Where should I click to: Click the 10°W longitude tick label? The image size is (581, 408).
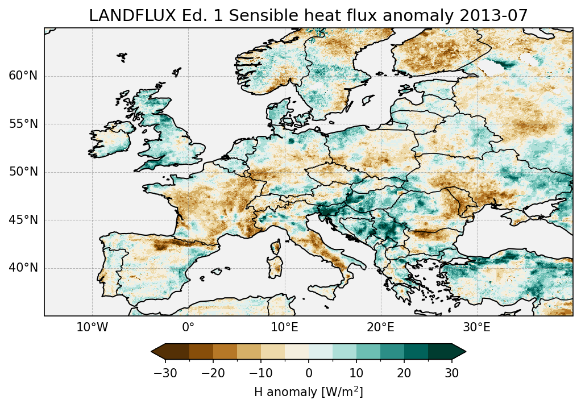click(x=92, y=327)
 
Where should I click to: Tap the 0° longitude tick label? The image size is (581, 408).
click(x=188, y=327)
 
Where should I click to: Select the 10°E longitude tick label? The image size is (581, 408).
click(x=284, y=327)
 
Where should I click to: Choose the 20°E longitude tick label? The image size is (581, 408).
click(x=380, y=327)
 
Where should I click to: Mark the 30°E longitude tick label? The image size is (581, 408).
click(x=476, y=327)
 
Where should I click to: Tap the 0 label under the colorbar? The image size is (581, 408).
click(x=309, y=373)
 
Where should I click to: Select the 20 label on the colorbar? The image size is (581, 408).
click(x=404, y=373)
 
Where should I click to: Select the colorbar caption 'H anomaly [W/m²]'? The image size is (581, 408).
click(x=309, y=392)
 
